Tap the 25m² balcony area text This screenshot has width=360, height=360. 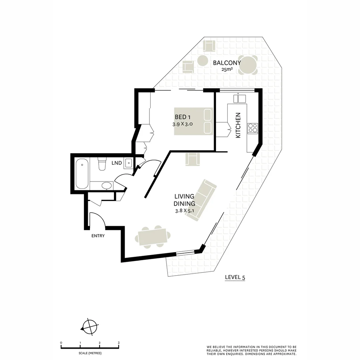point(227,70)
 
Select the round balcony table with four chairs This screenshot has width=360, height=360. point(248,65)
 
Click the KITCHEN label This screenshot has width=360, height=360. point(238,125)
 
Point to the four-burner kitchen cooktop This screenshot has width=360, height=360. point(253,128)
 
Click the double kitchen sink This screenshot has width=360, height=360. point(240,98)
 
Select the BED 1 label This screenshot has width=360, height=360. point(183,117)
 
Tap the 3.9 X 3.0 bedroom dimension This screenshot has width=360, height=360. point(183,124)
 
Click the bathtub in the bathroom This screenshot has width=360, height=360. point(82,174)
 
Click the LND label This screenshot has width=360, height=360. point(117,163)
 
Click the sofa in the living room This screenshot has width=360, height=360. point(201,200)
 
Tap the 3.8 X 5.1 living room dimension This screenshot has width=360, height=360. point(184,211)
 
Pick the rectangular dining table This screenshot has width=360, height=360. point(153,237)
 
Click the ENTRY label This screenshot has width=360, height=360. point(98,236)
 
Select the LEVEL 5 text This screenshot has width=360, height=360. point(235,277)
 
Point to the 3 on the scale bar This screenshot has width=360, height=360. point(119,343)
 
